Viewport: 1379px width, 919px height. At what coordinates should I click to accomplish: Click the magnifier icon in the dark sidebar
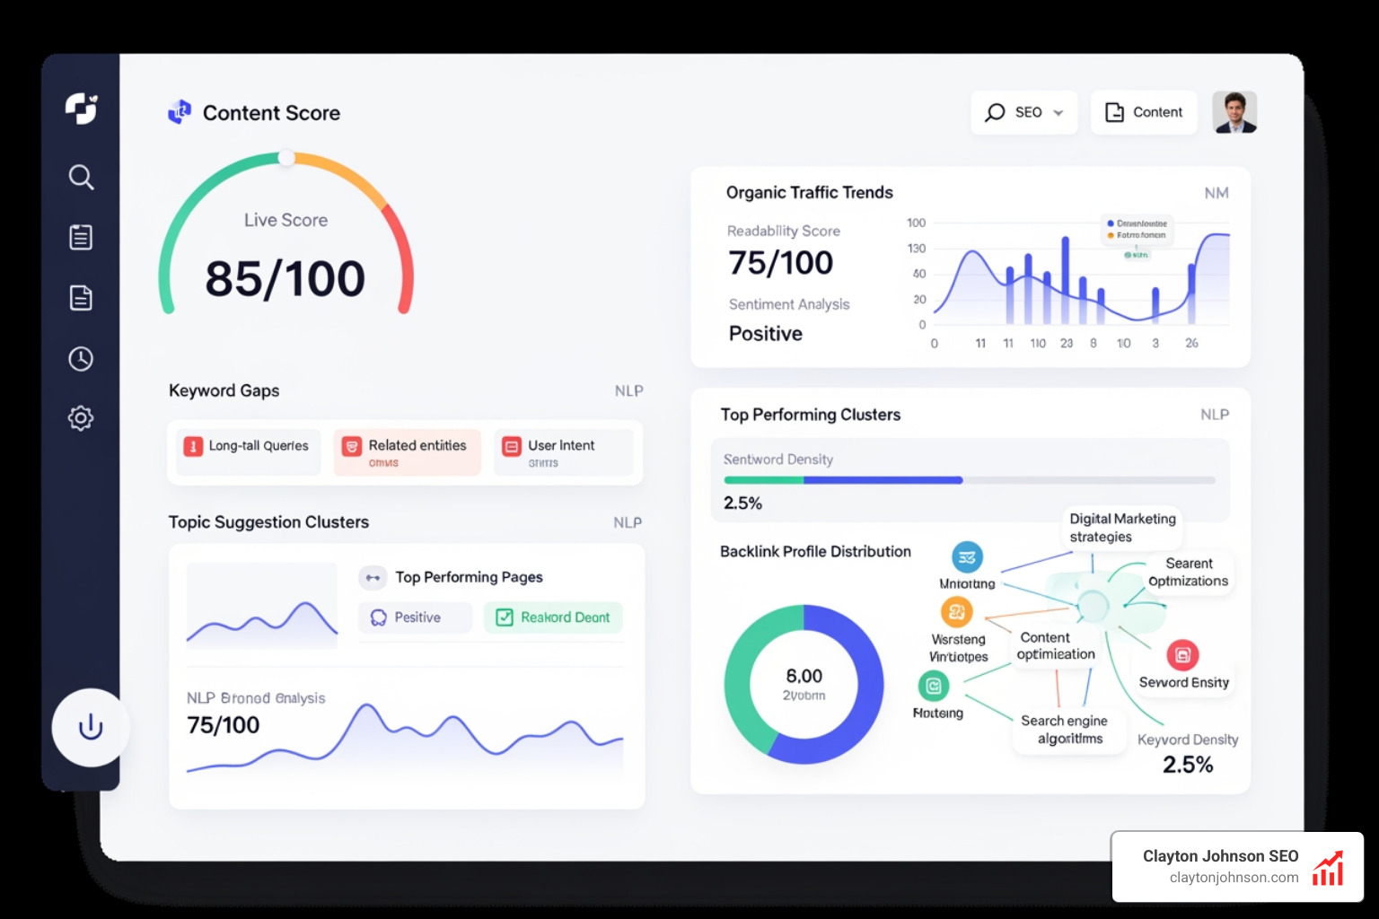pyautogui.click(x=81, y=177)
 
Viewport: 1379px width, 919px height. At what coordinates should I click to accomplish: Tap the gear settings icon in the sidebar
pyautogui.click(x=81, y=417)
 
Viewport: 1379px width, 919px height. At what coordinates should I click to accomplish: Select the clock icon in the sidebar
pyautogui.click(x=81, y=359)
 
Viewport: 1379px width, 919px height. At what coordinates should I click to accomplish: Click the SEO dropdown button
pyautogui.click(x=1023, y=112)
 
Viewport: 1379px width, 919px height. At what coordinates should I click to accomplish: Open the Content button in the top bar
pyautogui.click(x=1144, y=112)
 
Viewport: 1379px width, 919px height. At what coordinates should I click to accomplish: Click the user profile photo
pyautogui.click(x=1234, y=112)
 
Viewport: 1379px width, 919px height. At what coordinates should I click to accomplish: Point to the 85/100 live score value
pyautogui.click(x=285, y=278)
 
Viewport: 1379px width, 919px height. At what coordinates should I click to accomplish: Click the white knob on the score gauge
pyautogui.click(x=286, y=158)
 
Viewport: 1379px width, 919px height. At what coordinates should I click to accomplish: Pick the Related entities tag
pyautogui.click(x=408, y=451)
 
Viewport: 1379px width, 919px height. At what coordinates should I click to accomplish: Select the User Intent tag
pyautogui.click(x=563, y=451)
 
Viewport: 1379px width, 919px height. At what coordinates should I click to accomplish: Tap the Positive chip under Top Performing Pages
pyautogui.click(x=415, y=617)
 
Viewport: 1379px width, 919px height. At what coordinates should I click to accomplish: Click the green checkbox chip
pyautogui.click(x=553, y=617)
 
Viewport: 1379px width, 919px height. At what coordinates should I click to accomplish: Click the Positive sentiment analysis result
pyautogui.click(x=766, y=334)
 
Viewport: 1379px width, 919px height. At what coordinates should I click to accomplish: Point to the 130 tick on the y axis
pyautogui.click(x=916, y=249)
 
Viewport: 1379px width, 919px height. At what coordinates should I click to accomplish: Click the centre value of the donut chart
pyautogui.click(x=804, y=683)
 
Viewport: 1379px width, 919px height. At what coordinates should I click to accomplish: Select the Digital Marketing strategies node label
pyautogui.click(x=1122, y=528)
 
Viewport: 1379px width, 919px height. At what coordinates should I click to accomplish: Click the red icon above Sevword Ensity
pyautogui.click(x=1182, y=655)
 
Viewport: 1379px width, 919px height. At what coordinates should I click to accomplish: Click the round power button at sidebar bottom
pyautogui.click(x=91, y=727)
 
